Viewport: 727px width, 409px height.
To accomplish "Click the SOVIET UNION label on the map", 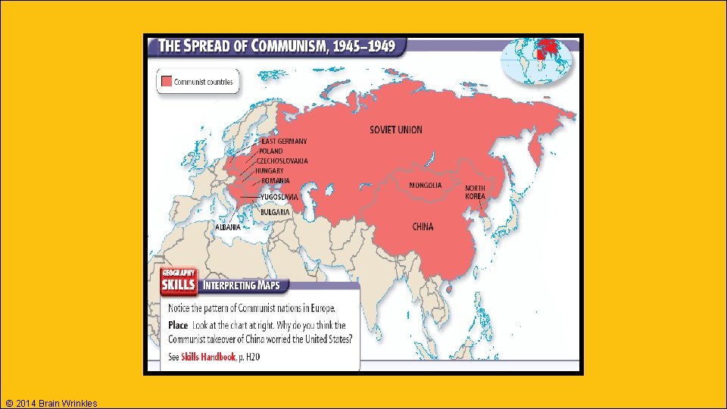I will pyautogui.click(x=396, y=130).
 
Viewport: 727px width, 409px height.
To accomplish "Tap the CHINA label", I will pyautogui.click(x=423, y=226).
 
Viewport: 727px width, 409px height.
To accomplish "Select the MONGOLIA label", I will pyautogui.click(x=425, y=186).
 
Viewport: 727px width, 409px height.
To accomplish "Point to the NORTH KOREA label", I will pyautogui.click(x=476, y=192).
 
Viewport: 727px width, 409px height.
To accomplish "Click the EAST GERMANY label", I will pyautogui.click(x=284, y=141).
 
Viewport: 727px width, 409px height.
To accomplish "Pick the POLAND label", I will pyautogui.click(x=270, y=151).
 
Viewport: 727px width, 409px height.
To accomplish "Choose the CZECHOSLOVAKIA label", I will pyautogui.click(x=282, y=161).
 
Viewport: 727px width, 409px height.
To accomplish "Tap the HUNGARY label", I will pyautogui.click(x=270, y=170).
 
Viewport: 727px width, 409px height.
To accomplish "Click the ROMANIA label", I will pyautogui.click(x=276, y=180).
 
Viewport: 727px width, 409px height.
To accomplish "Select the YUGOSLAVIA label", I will pyautogui.click(x=279, y=197).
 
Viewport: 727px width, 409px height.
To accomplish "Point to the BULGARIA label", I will pyautogui.click(x=276, y=212).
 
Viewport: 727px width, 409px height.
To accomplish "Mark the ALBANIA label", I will pyautogui.click(x=228, y=226).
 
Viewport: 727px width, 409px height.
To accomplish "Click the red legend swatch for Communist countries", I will pyautogui.click(x=165, y=82).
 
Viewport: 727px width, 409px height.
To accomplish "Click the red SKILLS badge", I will pyautogui.click(x=178, y=286).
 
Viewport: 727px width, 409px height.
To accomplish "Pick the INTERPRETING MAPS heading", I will pyautogui.click(x=242, y=286).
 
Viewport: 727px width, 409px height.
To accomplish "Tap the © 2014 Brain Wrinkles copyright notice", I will pyautogui.click(x=50, y=403).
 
